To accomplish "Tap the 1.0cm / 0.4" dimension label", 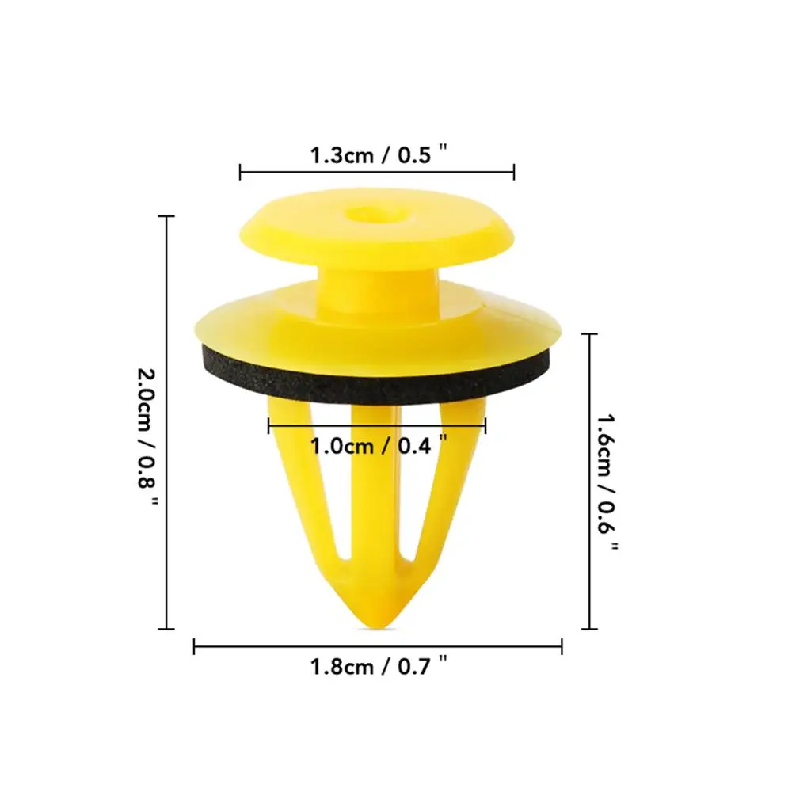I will pos(373,446).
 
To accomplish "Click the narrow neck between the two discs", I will pos(377,285).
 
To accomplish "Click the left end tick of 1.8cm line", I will pos(195,647).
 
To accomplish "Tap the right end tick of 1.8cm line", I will pos(562,647).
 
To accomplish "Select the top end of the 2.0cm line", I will pos(166,216).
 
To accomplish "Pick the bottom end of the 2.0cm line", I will pos(166,629).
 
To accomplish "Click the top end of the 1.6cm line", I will pos(588,334).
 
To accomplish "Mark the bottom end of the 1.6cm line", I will pos(588,629).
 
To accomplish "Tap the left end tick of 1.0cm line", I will pos(269,426).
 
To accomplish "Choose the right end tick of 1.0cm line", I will pos(485,426).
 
